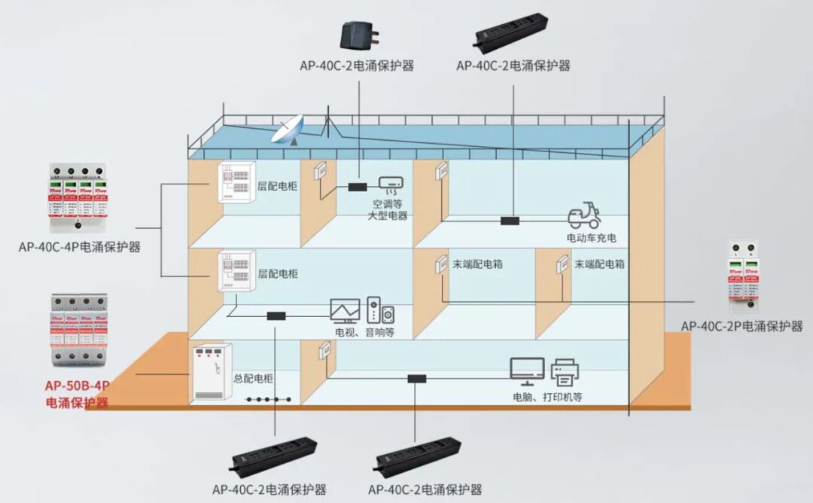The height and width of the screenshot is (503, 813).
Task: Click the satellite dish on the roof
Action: coord(287,130)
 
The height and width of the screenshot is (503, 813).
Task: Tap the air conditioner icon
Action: coord(390,184)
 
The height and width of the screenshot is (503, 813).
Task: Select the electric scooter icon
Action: coord(584,216)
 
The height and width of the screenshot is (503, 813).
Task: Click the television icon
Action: coord(346,311)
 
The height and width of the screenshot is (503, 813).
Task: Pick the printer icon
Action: coord(565,371)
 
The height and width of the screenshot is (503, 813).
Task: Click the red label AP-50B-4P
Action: coord(78,386)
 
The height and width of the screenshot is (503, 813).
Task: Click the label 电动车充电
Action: coord(592,238)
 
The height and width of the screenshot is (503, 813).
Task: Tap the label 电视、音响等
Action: coord(365,331)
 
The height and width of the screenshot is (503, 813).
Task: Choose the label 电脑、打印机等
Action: coord(547,397)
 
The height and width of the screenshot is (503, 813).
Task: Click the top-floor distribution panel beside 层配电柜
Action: coord(237,183)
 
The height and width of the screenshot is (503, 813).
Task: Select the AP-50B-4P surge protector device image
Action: coord(78,329)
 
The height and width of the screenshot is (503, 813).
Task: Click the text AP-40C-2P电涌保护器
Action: coord(741,326)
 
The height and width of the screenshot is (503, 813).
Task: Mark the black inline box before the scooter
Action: coord(511,221)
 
